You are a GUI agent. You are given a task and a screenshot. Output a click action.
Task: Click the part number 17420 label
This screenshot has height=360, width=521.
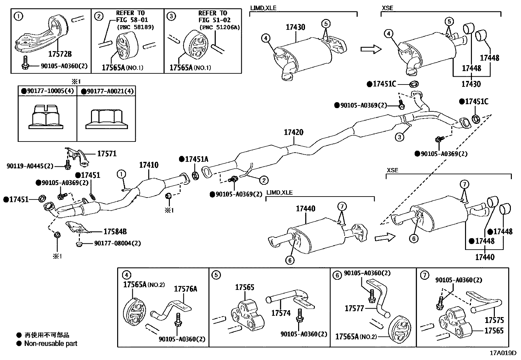tap(293, 132)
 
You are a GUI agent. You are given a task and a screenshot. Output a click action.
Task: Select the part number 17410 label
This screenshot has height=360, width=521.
tap(149, 165)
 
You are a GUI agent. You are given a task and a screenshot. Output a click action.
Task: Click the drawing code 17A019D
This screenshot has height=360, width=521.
tap(503, 353)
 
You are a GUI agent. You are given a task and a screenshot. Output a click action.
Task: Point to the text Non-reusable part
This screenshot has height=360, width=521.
tap(51, 344)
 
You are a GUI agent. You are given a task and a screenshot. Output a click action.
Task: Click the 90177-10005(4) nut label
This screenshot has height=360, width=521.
tap(47, 91)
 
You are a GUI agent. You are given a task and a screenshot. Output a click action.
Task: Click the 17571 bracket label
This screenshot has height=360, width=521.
tap(107, 153)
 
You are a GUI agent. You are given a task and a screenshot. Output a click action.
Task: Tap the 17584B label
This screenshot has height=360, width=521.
tap(115, 232)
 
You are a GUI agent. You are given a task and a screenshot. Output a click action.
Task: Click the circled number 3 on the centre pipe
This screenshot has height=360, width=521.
tap(399, 137)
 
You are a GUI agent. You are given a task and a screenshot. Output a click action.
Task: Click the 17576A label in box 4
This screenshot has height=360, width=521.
tap(185, 289)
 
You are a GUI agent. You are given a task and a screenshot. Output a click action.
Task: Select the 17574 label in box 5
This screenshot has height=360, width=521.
tap(281, 313)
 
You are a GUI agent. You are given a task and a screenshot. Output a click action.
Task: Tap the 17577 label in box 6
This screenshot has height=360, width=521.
tap(354, 308)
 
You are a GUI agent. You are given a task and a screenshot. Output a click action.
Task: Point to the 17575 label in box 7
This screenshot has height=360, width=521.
tap(494, 320)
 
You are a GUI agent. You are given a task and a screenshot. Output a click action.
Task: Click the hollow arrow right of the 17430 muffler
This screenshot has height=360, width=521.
tap(371, 49)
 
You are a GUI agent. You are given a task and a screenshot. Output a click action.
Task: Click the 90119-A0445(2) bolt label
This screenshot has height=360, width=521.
tap(30, 166)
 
